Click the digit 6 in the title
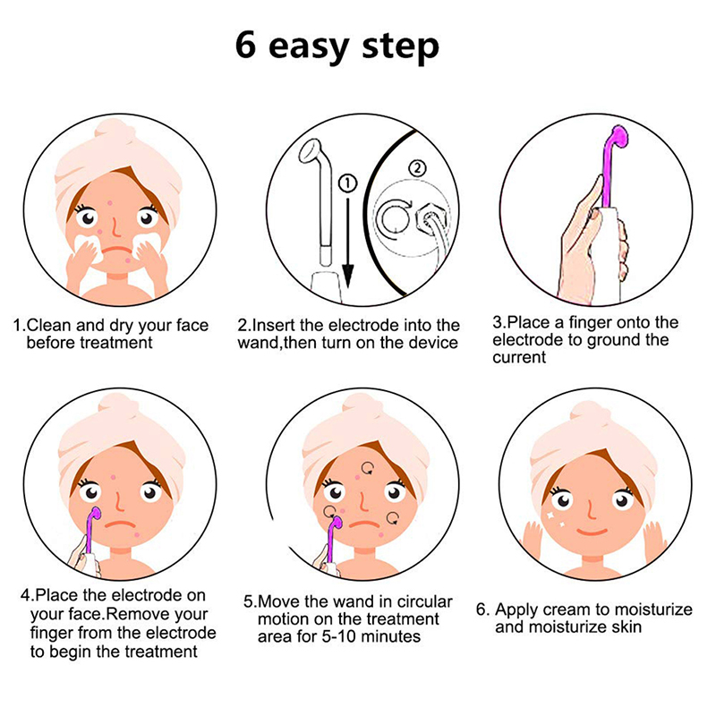click(x=245, y=45)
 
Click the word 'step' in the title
click(x=400, y=47)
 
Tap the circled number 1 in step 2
click(x=347, y=183)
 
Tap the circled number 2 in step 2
click(x=417, y=168)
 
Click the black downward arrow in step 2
click(x=348, y=243)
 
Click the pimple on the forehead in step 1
click(x=109, y=203)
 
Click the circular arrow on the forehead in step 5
click(x=368, y=468)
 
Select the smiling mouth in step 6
click(x=592, y=532)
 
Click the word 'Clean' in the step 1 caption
click(x=49, y=325)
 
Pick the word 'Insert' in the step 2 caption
click(x=274, y=325)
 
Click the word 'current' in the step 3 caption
click(x=519, y=357)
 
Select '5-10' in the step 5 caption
click(x=339, y=636)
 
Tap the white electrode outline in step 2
click(x=323, y=200)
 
